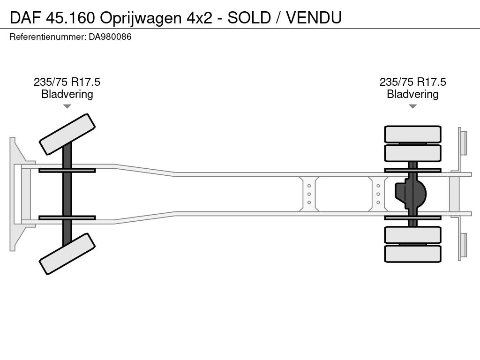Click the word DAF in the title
click(x=25, y=17)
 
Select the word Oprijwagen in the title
click(x=141, y=18)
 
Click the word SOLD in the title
click(x=249, y=17)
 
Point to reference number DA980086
click(x=110, y=37)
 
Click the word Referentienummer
click(x=48, y=37)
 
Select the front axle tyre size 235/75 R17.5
click(x=67, y=82)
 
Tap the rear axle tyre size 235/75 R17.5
click(x=412, y=82)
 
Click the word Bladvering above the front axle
click(x=67, y=94)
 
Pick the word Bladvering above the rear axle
click(x=412, y=94)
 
